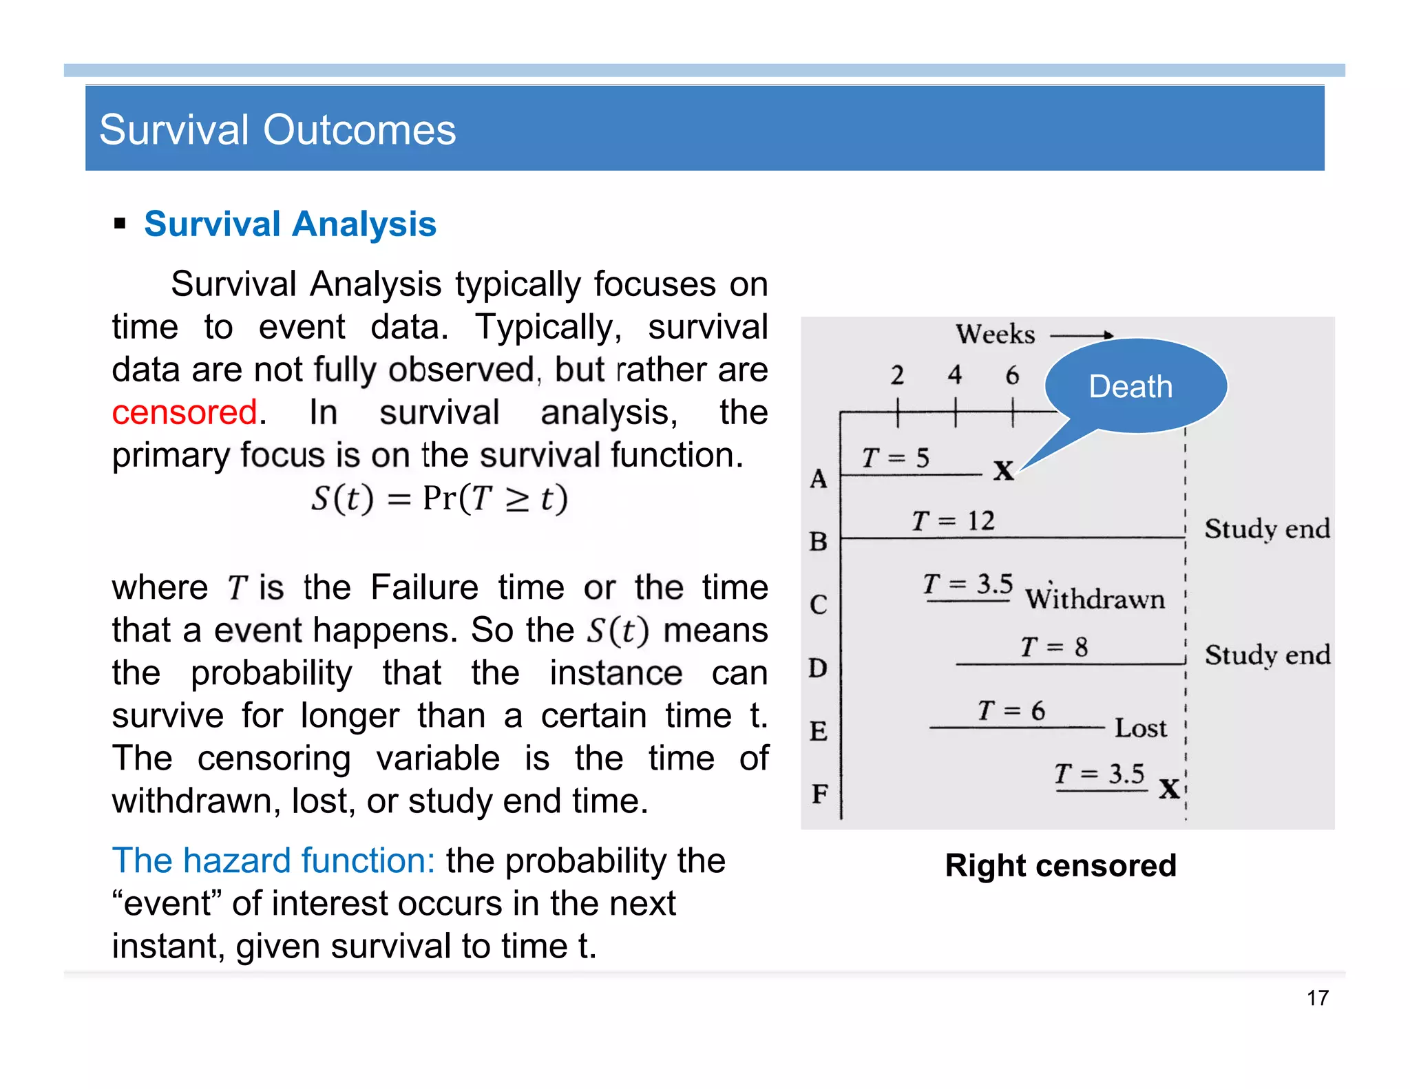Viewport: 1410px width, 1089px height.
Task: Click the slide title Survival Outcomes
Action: click(277, 129)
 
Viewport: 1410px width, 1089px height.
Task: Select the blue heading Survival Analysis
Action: click(290, 224)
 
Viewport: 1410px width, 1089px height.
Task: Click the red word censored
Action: click(185, 412)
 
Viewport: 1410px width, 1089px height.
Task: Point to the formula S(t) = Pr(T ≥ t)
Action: click(439, 498)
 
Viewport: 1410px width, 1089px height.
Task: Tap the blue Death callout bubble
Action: click(1135, 385)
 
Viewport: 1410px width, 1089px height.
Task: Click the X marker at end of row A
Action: click(1003, 471)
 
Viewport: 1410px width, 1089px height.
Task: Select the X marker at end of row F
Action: click(1169, 789)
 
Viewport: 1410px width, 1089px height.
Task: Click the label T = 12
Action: click(953, 521)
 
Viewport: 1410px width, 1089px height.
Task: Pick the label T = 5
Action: click(895, 458)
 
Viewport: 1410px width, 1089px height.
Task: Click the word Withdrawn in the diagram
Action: click(1095, 599)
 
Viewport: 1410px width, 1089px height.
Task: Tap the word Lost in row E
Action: click(1140, 728)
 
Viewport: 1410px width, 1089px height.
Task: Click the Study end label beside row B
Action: click(1267, 529)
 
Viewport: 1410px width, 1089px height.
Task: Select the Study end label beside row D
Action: click(1267, 655)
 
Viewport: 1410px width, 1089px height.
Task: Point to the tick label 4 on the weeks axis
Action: click(954, 375)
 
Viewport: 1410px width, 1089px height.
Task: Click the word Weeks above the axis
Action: click(995, 335)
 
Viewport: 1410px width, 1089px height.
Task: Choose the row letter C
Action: click(818, 605)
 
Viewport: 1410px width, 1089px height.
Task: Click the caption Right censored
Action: click(1060, 865)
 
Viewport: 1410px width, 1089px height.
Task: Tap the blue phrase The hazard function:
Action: click(273, 860)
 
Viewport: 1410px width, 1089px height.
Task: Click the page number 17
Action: click(1317, 997)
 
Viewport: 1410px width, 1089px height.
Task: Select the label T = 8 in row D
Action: click(1053, 647)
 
